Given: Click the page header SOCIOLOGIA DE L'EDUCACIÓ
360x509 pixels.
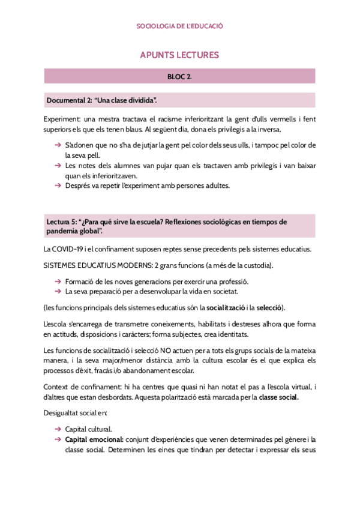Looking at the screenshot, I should pyautogui.click(x=180, y=26).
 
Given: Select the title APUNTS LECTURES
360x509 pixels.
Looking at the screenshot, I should pyautogui.click(x=179, y=55).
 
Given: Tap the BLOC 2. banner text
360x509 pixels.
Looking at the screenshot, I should pyautogui.click(x=179, y=77).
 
